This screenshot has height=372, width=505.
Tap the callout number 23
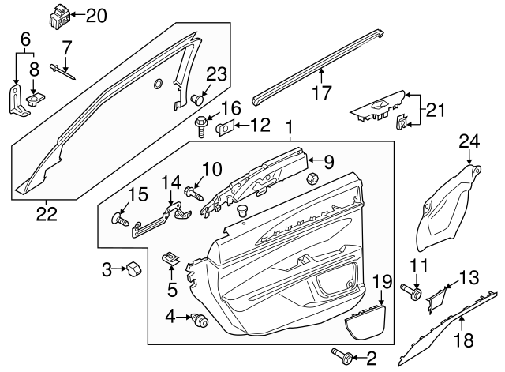(216, 74)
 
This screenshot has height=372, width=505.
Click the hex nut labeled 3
(133, 269)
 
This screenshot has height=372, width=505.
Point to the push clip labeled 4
(200, 320)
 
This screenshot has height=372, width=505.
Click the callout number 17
(321, 92)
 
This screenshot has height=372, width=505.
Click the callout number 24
(470, 142)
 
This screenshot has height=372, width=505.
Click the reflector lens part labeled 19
(365, 323)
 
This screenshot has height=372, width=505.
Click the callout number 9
(328, 162)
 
